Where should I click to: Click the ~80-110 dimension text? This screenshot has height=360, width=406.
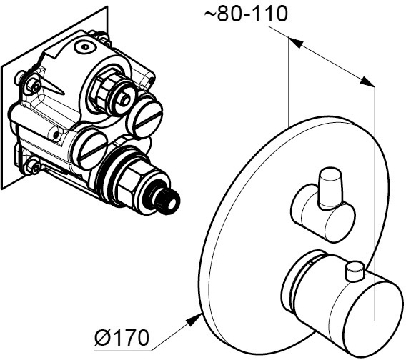tap(246, 14)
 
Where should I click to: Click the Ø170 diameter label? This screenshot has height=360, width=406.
tap(122, 337)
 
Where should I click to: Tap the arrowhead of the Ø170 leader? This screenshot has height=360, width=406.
tap(194, 319)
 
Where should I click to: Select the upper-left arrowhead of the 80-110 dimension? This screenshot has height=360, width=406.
tap(295, 43)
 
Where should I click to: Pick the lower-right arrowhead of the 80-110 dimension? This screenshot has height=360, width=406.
tap(367, 81)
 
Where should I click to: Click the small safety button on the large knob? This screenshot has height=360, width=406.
tap(355, 271)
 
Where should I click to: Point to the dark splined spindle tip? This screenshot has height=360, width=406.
tap(167, 201)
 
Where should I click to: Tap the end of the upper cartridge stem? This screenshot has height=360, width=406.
tap(124, 100)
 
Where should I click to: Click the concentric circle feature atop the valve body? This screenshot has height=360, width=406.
tap(85, 47)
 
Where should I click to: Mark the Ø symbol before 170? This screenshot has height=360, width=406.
tap(101, 337)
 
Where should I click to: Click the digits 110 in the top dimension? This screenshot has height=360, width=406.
tap(272, 14)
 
